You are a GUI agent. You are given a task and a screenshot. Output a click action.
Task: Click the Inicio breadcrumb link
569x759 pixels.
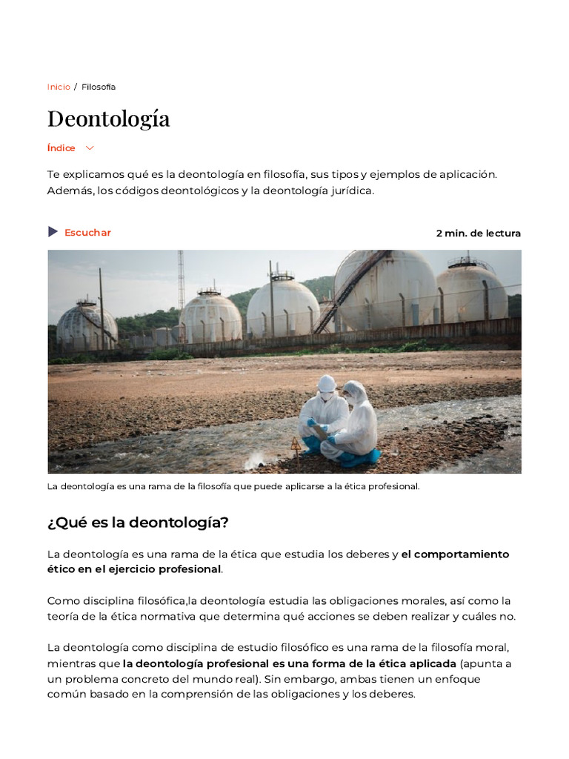pos(59,87)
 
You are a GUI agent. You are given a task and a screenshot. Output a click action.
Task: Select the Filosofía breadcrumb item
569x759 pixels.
pos(99,87)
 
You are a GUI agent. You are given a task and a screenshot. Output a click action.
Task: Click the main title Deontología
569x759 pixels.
pos(108,119)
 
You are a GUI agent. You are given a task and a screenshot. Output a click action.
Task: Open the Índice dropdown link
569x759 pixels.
pos(61,148)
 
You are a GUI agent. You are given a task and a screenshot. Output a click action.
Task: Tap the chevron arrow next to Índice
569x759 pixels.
pos(90,148)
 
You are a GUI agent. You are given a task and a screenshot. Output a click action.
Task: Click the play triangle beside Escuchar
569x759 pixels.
pos(53,232)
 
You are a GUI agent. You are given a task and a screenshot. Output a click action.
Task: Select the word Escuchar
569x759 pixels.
pos(87,233)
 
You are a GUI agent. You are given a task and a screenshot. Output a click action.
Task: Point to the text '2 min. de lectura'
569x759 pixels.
pos(478,233)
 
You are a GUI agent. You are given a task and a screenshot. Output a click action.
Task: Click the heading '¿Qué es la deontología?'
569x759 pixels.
pos(138,523)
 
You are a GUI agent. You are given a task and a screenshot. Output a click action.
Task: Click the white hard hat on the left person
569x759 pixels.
pos(326,383)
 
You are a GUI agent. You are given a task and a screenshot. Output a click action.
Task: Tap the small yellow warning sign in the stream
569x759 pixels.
pos(296,443)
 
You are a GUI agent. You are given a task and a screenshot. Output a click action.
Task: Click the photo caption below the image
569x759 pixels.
pos(233,487)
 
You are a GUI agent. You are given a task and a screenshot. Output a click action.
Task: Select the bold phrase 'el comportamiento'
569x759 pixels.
pos(455,554)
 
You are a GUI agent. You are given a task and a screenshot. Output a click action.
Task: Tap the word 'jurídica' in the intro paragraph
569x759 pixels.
pos(351,190)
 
